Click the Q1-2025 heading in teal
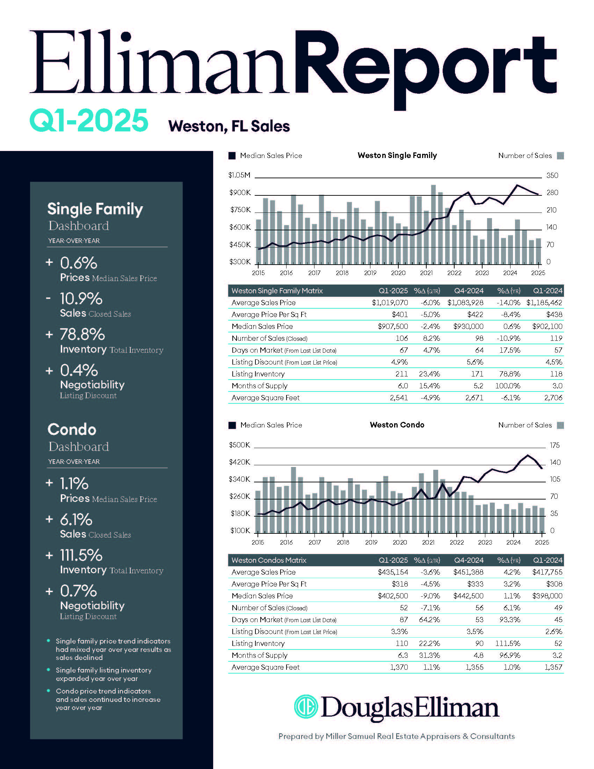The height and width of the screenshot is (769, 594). point(89,121)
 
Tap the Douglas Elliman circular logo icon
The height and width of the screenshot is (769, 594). point(306,706)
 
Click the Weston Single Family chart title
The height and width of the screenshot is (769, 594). point(397,155)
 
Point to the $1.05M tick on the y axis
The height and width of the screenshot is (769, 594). point(239,175)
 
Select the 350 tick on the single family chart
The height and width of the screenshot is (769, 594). point(552,175)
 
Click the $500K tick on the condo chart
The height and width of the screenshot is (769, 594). point(239,445)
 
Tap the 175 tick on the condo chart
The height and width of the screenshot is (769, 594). point(555,445)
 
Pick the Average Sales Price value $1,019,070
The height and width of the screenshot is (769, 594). point(390,302)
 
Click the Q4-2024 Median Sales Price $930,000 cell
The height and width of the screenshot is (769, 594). point(468,326)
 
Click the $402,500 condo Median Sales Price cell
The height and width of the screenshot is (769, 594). point(393,596)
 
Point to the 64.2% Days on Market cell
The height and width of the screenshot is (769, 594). point(429,620)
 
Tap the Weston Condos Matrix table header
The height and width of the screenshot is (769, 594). point(269,560)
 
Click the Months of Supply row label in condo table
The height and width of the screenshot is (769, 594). point(259,655)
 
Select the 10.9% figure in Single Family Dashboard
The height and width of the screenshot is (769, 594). point(81,299)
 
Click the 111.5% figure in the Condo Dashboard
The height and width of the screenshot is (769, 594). point(81,555)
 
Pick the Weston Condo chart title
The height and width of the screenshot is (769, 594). point(397,425)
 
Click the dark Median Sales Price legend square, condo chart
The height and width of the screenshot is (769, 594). point(232,425)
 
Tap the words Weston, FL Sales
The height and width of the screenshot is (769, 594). point(229,126)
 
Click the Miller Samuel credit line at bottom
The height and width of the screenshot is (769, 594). point(396,736)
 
